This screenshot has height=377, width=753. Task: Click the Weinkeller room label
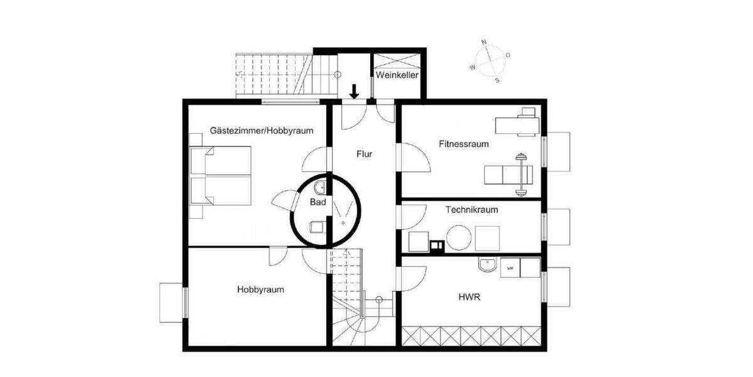397,75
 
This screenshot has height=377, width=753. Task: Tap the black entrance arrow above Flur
355,92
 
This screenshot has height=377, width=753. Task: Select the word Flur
365,153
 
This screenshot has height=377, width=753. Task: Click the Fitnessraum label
464,144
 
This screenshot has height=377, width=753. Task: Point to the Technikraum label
472,209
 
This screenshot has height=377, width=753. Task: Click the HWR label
469,297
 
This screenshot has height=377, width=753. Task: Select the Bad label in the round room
318,202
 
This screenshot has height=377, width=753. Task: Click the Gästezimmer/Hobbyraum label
262,131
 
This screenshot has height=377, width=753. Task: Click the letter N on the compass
484,42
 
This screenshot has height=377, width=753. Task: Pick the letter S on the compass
497,80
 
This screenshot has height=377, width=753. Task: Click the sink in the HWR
487,266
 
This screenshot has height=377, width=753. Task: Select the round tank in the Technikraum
458,238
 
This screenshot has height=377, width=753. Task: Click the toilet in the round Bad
317,226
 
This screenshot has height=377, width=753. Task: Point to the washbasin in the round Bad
319,185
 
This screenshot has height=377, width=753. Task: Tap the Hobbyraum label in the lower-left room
260,290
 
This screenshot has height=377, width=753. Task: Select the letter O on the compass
508,55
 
